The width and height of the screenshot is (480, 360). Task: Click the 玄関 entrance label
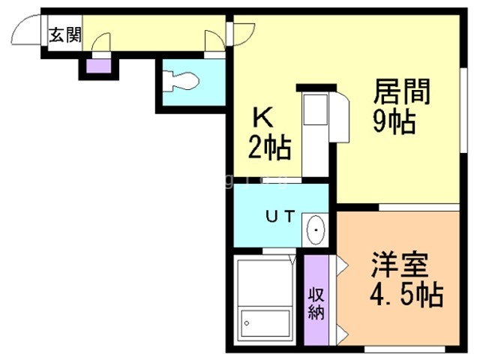coord(65,35)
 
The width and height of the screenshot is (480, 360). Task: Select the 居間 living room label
coord(403,94)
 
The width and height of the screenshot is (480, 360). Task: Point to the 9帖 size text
coord(393,121)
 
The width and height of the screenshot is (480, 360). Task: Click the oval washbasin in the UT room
coord(316,229)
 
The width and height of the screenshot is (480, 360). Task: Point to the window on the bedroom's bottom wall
coord(397,349)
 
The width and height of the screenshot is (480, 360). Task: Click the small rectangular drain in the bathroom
coord(248,324)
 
